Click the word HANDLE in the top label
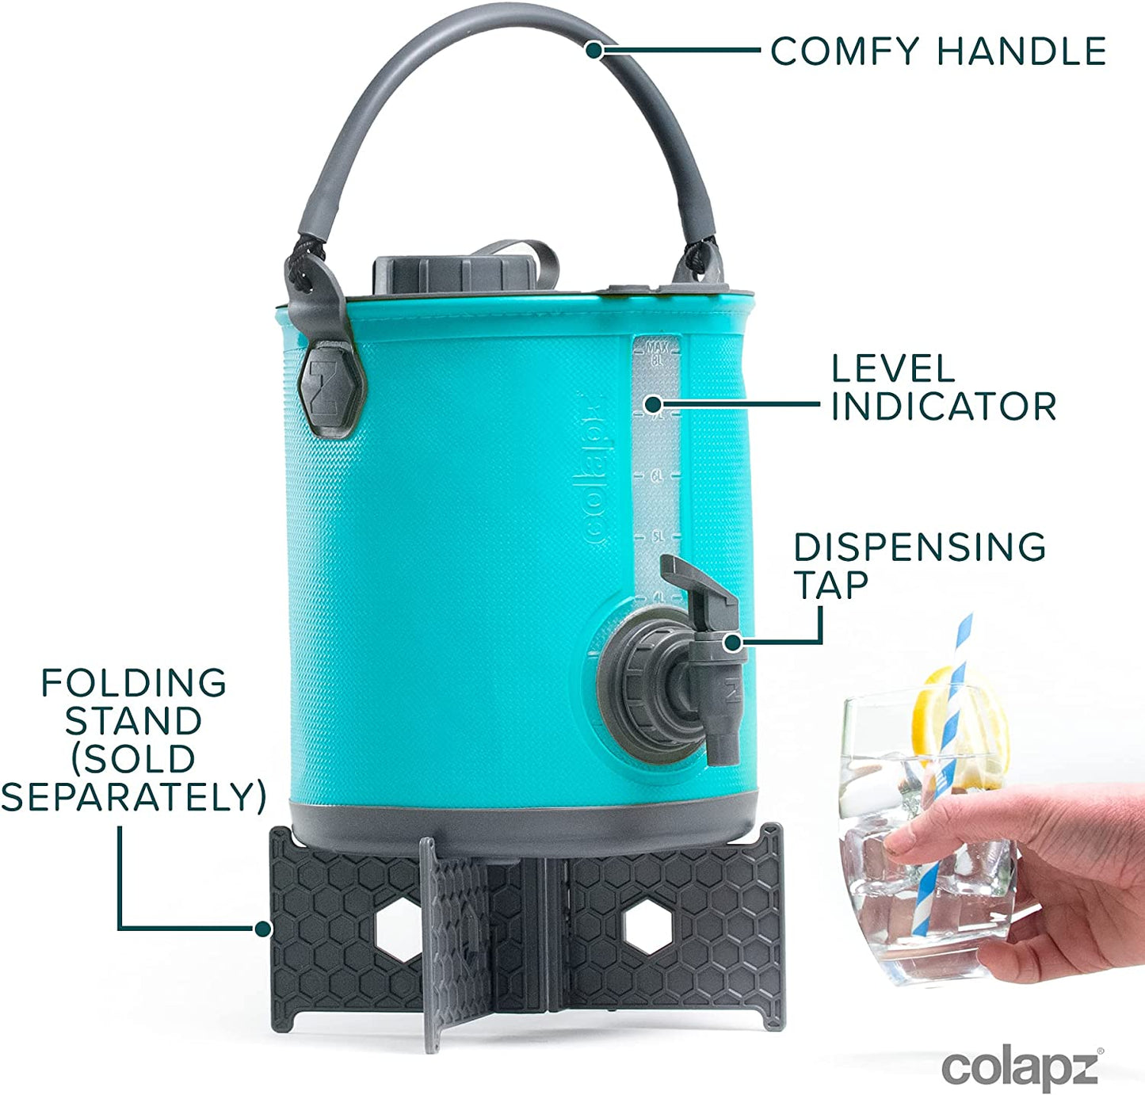1021,52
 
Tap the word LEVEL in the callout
893,369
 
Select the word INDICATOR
943,406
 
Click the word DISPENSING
919,547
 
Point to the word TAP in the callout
831,586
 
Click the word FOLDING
134,683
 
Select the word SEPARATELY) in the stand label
134,797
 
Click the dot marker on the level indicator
652,405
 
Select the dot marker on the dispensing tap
733,643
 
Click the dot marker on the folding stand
262,929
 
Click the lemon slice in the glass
927,713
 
